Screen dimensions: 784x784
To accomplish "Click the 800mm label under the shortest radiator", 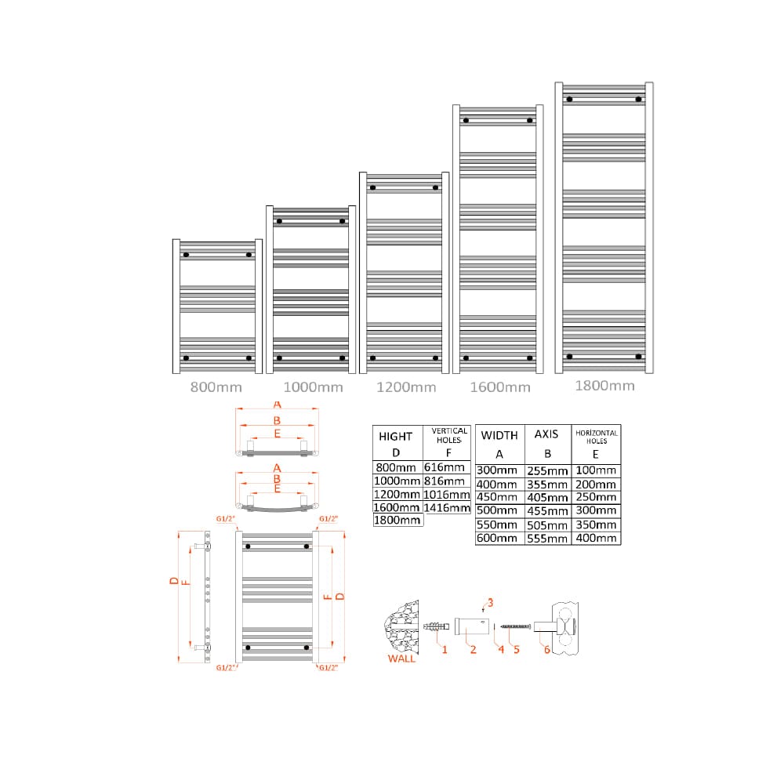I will [216, 387].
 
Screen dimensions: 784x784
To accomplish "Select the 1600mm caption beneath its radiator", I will [499, 387].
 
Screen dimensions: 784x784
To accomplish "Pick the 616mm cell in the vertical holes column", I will [444, 467].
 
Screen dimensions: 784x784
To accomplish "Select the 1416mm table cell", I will [447, 508].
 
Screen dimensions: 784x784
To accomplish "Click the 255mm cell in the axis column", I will [547, 470].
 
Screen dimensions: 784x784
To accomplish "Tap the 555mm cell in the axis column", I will [547, 539].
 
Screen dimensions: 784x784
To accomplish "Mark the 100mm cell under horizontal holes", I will [596, 470].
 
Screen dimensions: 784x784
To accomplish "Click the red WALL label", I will [401, 659].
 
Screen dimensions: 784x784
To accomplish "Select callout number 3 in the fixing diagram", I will [490, 602].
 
